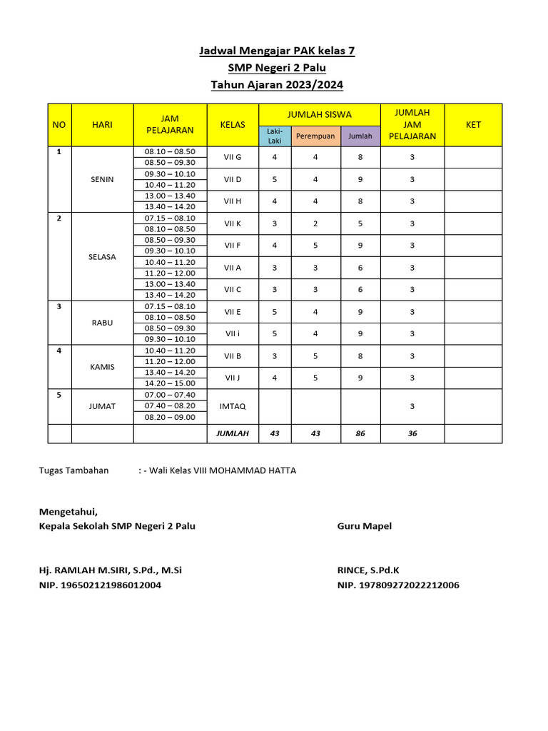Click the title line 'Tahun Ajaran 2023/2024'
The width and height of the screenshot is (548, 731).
pyautogui.click(x=277, y=85)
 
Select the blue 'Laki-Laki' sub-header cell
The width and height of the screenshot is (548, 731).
pyautogui.click(x=275, y=136)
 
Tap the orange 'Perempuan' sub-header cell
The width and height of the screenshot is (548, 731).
pyautogui.click(x=315, y=136)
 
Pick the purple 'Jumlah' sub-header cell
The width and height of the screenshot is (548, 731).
pyautogui.click(x=360, y=136)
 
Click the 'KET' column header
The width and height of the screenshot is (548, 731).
pyautogui.click(x=473, y=124)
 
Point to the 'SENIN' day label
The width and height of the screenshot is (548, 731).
pyautogui.click(x=103, y=179)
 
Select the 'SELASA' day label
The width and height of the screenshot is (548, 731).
pyautogui.click(x=103, y=256)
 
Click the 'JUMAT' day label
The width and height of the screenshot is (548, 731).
pyautogui.click(x=103, y=405)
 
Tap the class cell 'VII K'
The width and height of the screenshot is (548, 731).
pyautogui.click(x=233, y=223)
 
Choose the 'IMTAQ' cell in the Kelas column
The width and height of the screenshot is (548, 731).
pyautogui.click(x=233, y=405)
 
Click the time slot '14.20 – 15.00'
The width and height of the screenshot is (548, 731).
pyautogui.click(x=170, y=383)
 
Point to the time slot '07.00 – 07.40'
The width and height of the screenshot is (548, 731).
pyautogui.click(x=170, y=395)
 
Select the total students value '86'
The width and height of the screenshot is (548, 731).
pyautogui.click(x=360, y=433)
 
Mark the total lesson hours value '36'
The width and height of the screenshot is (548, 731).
pyautogui.click(x=412, y=433)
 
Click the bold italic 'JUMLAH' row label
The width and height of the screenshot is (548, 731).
pyautogui.click(x=233, y=433)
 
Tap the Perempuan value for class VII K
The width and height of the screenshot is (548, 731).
pyautogui.click(x=315, y=223)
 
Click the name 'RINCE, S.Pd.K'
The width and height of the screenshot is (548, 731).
pyautogui.click(x=368, y=570)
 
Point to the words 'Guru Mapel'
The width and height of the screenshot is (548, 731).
pyautogui.click(x=365, y=526)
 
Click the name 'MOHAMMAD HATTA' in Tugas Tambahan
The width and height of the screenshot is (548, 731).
pyautogui.click(x=260, y=470)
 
